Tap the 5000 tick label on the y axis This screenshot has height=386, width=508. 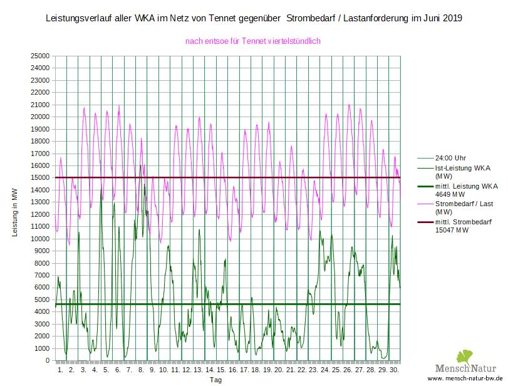click(43, 300)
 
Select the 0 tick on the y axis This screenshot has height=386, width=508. click(48, 361)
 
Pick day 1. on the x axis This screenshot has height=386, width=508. click(61, 370)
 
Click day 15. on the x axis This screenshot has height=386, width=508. click(220, 370)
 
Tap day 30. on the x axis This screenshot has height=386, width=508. click(394, 370)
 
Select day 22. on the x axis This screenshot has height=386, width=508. click(301, 370)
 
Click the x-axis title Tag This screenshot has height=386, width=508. click(215, 380)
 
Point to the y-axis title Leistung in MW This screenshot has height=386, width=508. click(15, 214)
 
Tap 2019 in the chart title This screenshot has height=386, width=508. click(452, 18)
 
